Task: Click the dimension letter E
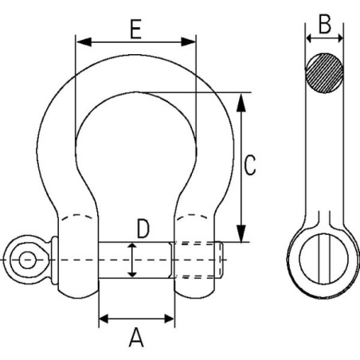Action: [135, 29]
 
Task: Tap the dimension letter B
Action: [325, 24]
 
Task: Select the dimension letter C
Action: [250, 165]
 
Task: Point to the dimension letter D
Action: [143, 229]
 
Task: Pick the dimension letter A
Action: [136, 338]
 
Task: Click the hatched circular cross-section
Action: [324, 73]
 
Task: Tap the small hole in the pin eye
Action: [27, 260]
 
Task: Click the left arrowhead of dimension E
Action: [84, 42]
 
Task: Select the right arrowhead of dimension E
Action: [188, 42]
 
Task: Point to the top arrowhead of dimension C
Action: [241, 102]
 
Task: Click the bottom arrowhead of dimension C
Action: [241, 233]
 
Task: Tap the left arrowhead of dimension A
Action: [104, 319]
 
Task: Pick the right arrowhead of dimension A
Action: [170, 319]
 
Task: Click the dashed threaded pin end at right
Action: [198, 260]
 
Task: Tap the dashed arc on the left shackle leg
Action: [77, 216]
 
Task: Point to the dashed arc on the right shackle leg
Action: [193, 216]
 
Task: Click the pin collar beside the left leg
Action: [54, 260]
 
